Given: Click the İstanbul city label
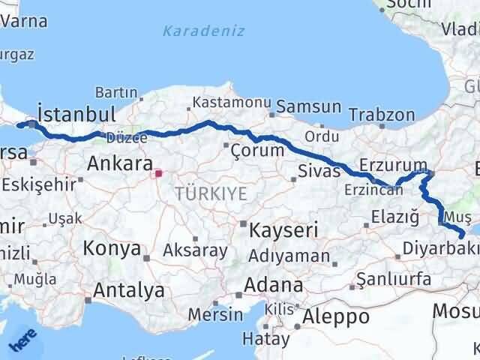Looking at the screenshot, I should pos(76,115).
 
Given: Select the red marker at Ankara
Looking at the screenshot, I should pos(157,174).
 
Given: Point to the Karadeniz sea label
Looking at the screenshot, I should pos(193,31).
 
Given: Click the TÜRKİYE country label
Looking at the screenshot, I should pos(211,193).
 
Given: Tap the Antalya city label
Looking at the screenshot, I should pos(130,289).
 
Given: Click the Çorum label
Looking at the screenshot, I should pos(257,150).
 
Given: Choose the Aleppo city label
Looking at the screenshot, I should pos(336,316).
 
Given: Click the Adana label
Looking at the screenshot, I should pos(277,285).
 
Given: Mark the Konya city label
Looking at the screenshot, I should pos(112,248).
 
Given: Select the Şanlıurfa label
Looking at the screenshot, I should pos(394,280).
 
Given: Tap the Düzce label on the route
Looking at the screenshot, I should pos(121,138).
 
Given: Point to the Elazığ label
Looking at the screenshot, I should pos(394,217).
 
